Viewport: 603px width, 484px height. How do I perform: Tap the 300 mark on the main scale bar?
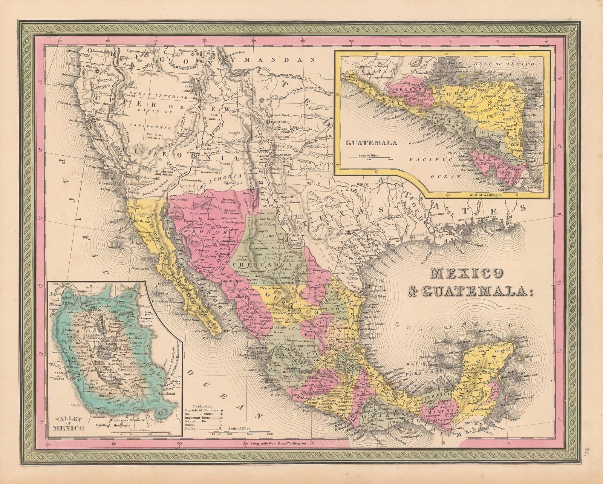[x=268, y=434]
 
